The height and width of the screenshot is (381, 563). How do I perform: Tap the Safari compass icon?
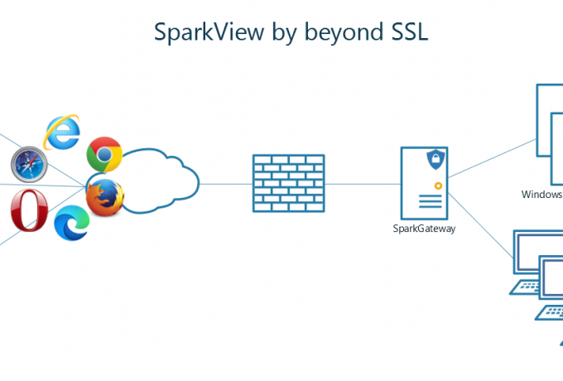[x=29, y=162]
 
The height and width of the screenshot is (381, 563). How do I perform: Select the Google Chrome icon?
[x=104, y=155]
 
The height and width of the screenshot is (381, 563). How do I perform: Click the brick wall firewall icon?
[x=287, y=183]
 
